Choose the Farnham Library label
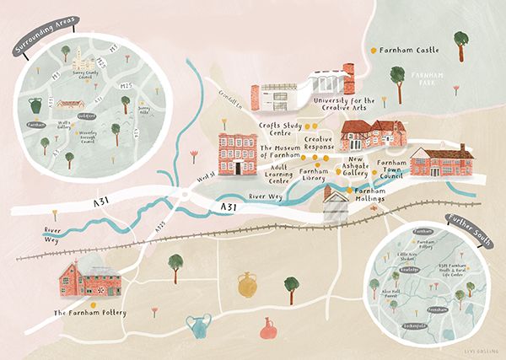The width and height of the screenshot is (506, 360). [x=319, y=174]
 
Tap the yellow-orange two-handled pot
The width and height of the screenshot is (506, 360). [x=246, y=285]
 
